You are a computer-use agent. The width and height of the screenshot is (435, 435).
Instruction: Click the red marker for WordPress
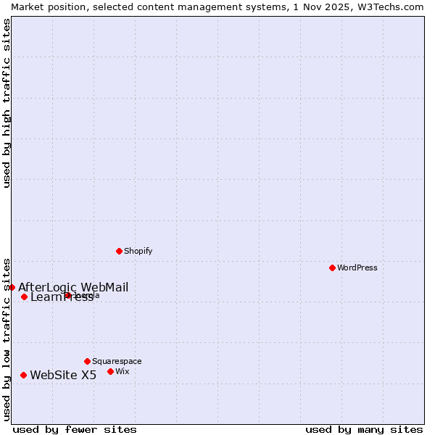pyautogui.click(x=332, y=268)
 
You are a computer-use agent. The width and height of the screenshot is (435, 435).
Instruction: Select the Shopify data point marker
pyautogui.click(x=119, y=251)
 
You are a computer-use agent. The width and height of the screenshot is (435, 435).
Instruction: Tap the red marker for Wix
pyautogui.click(x=110, y=371)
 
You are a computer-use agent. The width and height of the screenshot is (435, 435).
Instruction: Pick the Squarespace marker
pyautogui.click(x=87, y=361)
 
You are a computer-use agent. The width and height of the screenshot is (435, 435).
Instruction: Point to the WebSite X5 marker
pyautogui.click(x=23, y=375)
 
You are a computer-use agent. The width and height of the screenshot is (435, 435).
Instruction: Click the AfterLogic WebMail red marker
pyautogui.click(x=12, y=287)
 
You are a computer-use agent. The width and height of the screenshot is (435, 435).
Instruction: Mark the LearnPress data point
pyautogui.click(x=24, y=297)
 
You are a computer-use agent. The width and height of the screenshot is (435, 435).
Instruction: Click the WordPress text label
pyautogui.click(x=357, y=268)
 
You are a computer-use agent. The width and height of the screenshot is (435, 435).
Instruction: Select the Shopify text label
pyautogui.click(x=138, y=251)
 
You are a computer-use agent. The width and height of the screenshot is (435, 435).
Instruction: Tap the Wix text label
pyautogui.click(x=123, y=371)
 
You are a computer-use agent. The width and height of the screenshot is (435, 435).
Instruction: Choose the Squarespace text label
pyautogui.click(x=117, y=361)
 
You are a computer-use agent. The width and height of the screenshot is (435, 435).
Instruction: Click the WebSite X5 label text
pyautogui.click(x=63, y=375)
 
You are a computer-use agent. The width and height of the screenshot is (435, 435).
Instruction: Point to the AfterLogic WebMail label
pyautogui.click(x=73, y=287)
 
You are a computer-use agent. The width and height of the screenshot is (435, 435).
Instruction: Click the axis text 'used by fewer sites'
pyautogui.click(x=75, y=429)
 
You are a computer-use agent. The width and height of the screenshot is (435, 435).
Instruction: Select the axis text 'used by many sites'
pyautogui.click(x=364, y=429)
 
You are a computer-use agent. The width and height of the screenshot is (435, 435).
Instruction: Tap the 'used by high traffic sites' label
pyautogui.click(x=7, y=103)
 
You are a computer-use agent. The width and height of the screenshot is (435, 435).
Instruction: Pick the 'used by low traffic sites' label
pyautogui.click(x=7, y=339)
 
